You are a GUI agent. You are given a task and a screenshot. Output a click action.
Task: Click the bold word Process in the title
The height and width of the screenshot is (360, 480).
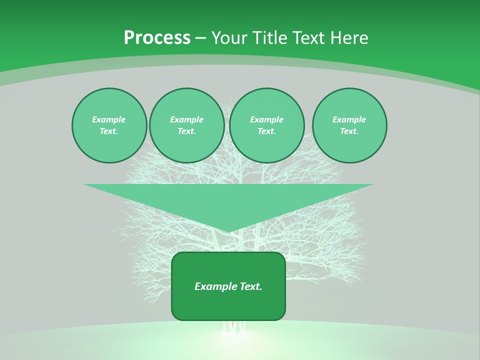pyautogui.click(x=157, y=38)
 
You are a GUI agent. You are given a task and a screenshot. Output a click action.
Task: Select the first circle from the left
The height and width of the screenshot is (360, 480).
pyautogui.click(x=109, y=125)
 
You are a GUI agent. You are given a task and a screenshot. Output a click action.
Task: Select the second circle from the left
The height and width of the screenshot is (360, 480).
pyautogui.click(x=186, y=125)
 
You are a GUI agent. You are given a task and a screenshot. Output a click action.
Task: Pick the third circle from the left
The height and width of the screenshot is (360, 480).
pyautogui.click(x=266, y=125)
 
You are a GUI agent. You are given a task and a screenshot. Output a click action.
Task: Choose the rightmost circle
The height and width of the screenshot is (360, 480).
pyautogui.click(x=349, y=125)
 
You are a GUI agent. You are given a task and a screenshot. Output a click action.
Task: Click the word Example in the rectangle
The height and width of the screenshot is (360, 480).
pyautogui.click(x=216, y=286)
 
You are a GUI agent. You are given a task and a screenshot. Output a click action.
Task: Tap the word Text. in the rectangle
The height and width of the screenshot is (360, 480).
pyautogui.click(x=251, y=286)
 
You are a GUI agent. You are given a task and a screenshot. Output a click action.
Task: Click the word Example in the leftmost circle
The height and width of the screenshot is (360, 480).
pyautogui.click(x=109, y=120)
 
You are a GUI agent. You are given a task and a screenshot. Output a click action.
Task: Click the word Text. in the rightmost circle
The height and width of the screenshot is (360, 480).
pyautogui.click(x=349, y=131)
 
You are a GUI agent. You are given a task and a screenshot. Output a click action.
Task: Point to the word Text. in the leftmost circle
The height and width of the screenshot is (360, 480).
pyautogui.click(x=109, y=131)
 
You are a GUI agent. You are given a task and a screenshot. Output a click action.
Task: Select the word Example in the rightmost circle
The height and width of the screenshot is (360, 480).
pyautogui.click(x=349, y=120)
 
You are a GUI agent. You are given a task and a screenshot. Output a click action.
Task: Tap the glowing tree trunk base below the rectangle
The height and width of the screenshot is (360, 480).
pyautogui.click(x=234, y=327)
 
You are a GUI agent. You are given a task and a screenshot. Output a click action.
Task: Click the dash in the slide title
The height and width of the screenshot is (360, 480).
pyautogui.click(x=200, y=38)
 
